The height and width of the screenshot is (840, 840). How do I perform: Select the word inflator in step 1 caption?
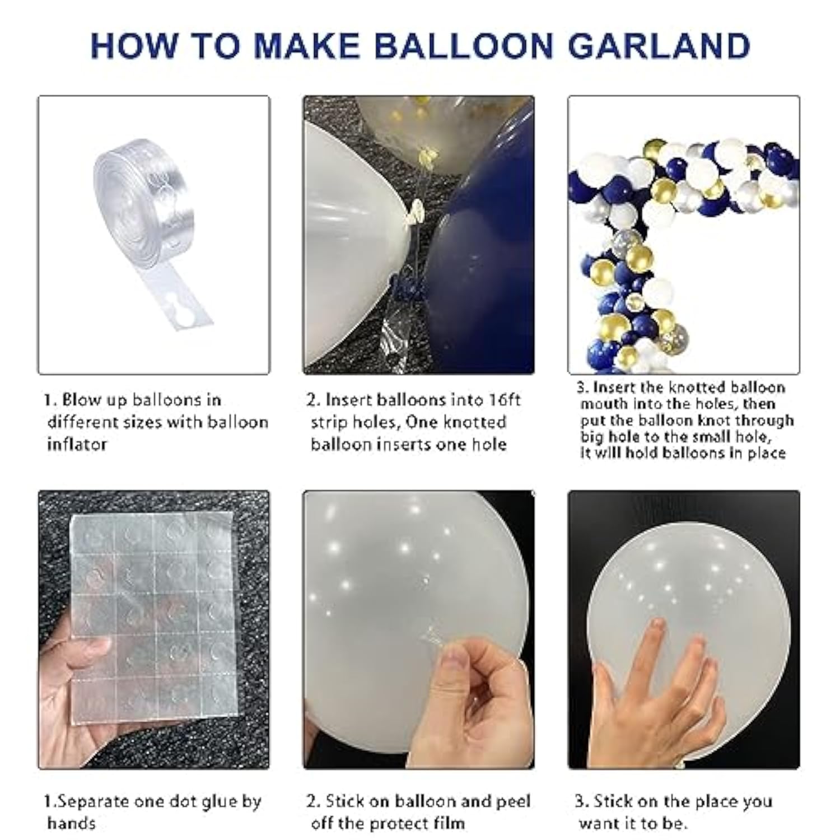[77, 445]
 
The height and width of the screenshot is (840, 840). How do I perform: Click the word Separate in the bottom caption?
[93, 801]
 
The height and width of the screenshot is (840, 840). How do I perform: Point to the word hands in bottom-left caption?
[71, 823]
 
